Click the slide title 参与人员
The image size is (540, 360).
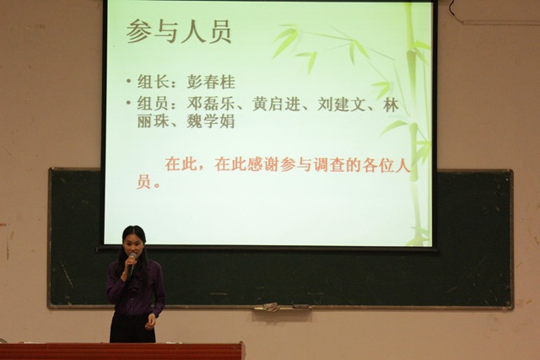(178, 32)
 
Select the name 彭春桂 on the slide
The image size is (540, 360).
(211, 83)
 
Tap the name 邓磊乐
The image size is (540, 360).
(211, 104)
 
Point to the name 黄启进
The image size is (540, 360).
(276, 104)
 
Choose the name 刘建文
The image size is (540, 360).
(341, 104)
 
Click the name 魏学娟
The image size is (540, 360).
(211, 121)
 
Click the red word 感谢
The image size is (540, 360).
(264, 164)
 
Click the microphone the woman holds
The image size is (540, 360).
(132, 263)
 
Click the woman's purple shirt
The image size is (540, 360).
(135, 287)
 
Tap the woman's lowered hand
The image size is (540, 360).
(150, 322)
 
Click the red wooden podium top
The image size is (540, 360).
(122, 345)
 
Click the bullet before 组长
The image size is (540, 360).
(129, 82)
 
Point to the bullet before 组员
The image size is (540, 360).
(129, 102)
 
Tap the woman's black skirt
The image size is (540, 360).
(132, 328)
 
